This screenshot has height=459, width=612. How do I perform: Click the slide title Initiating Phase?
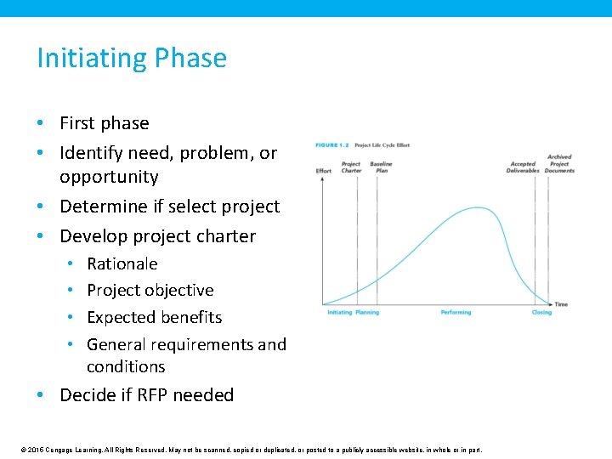click(x=132, y=58)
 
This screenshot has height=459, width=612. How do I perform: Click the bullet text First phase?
click(x=104, y=123)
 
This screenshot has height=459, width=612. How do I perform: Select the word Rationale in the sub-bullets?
click(x=122, y=263)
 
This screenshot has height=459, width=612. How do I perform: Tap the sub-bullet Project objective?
click(x=150, y=290)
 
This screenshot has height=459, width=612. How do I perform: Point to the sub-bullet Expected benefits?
click(x=154, y=317)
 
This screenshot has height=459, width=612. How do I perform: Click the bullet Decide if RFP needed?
click(x=146, y=394)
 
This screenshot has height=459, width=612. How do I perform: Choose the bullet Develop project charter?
click(x=157, y=235)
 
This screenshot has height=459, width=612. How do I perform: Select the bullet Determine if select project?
click(x=169, y=207)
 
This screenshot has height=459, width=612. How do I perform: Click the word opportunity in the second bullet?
click(x=109, y=177)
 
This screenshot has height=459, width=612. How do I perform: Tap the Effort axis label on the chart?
click(x=324, y=171)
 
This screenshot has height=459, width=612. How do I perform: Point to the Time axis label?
click(x=561, y=304)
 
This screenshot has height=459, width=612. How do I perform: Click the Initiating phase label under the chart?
click(x=339, y=313)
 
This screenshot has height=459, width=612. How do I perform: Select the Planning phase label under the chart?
click(x=367, y=313)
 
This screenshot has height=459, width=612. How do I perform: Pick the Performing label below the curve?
click(x=456, y=313)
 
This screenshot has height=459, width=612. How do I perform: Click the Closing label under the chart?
click(x=541, y=313)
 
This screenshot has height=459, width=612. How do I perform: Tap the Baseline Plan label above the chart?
click(x=381, y=167)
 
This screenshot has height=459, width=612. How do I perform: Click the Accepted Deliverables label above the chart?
click(x=523, y=167)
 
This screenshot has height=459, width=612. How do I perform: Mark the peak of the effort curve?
click(x=481, y=208)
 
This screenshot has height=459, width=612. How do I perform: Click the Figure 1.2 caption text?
click(x=362, y=145)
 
